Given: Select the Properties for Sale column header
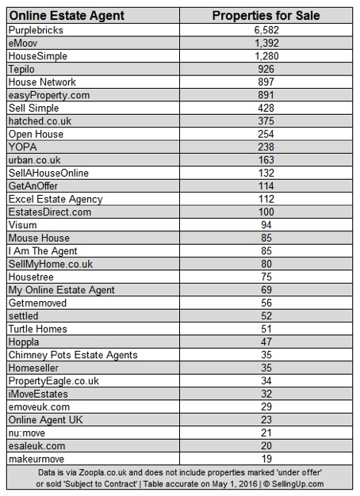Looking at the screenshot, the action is pos(265,15).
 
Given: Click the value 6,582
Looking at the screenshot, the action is pos(265,30).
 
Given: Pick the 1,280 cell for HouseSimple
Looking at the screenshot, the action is pos(265,56).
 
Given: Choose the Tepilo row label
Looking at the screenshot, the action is pos(23,69).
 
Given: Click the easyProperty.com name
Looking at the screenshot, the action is pos(47,95).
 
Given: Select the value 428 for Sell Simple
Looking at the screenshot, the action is pos(265,108).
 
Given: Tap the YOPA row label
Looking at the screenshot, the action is pos(22,147).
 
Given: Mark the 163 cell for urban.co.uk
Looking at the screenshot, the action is pos(265,160).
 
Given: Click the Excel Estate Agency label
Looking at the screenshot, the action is pos(55,198).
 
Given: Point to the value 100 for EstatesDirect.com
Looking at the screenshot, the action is pos(265,212).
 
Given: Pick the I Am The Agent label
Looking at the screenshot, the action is pos(43,250).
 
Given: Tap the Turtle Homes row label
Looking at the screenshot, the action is pos(37,329).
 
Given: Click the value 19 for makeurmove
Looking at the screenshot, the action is pos(265,459).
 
